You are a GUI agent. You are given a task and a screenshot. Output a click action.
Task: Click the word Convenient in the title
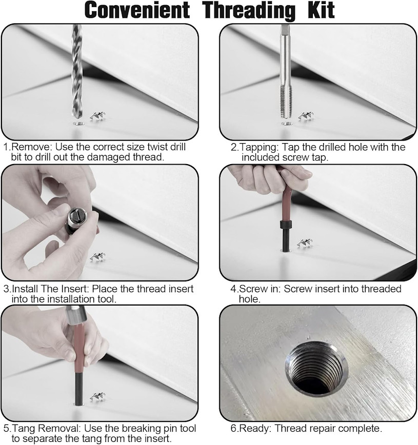[x=137, y=10]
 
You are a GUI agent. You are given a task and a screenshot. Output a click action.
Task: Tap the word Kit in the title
[x=321, y=10]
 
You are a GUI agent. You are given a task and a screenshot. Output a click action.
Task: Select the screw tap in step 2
[x=286, y=72]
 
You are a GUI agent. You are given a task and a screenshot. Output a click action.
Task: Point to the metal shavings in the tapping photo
[x=306, y=116]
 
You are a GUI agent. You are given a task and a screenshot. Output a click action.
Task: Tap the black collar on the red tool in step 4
[x=286, y=224]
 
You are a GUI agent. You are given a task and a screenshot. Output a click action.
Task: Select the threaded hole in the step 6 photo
[x=316, y=369]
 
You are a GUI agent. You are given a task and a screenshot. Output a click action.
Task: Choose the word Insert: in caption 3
[x=75, y=289]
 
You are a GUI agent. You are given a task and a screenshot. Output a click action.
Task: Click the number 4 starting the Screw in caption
[x=233, y=289]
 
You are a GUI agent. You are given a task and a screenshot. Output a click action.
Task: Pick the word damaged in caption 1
[x=109, y=157]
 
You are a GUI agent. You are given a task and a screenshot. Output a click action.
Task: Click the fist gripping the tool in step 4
[x=270, y=178]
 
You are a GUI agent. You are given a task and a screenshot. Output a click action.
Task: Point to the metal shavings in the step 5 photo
[x=97, y=397]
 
